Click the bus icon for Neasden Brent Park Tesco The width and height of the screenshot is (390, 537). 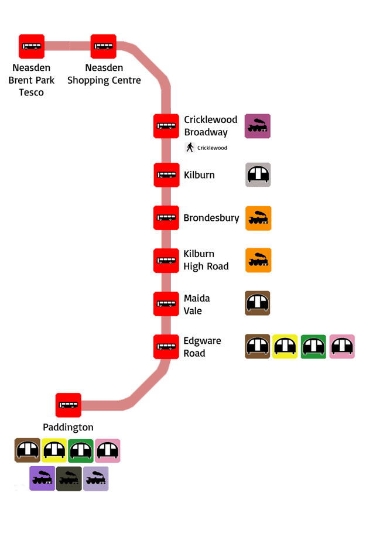32,46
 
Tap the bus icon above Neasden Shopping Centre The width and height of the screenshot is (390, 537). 104,46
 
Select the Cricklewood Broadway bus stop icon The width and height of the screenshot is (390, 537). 166,126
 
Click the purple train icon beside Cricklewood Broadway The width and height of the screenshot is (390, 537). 258,126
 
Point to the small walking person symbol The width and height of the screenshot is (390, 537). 190,147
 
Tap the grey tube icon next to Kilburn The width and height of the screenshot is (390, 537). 258,175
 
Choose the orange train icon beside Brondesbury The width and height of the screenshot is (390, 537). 258,218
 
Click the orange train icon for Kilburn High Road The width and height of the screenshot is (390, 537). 258,260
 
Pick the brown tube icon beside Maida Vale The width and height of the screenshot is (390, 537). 258,303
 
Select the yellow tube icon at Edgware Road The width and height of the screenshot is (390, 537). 285,347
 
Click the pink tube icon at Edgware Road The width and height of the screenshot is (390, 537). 342,347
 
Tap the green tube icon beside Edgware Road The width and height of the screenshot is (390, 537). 313,347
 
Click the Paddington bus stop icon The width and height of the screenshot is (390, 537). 69,405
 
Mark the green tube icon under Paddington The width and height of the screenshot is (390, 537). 81,451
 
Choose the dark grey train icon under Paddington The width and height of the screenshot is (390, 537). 69,479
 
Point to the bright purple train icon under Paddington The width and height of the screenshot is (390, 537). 42,478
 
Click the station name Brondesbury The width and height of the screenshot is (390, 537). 211,218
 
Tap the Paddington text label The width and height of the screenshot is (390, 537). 68,427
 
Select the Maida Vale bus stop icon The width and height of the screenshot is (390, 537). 166,304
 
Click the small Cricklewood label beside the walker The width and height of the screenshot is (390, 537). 213,148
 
